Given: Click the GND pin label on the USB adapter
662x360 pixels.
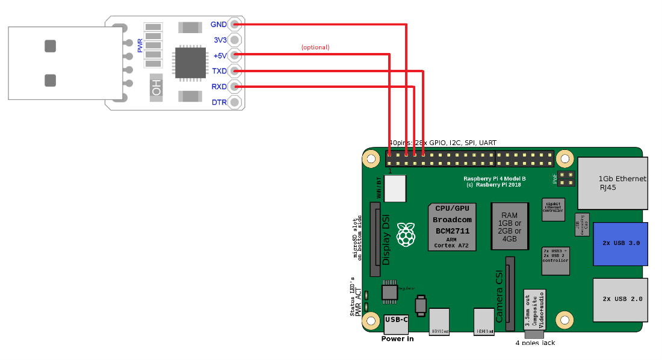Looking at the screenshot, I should click(x=218, y=25).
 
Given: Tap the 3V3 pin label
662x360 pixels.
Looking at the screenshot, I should click(x=220, y=40).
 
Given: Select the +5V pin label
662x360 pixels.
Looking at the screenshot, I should click(x=219, y=56).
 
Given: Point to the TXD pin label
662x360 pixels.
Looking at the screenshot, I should click(x=219, y=71).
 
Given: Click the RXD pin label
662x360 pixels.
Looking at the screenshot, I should click(x=219, y=87).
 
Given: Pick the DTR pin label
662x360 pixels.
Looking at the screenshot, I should click(x=219, y=102).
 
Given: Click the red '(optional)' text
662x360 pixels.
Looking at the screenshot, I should click(x=315, y=47).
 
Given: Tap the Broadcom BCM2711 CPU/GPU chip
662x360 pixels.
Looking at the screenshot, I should click(x=452, y=227).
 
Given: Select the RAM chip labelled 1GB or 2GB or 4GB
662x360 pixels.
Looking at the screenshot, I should click(x=509, y=226).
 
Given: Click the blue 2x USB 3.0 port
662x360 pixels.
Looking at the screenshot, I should click(x=620, y=244).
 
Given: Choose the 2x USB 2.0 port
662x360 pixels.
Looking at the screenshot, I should click(x=620, y=299).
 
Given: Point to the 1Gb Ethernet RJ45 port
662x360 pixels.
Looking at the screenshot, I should click(x=613, y=183).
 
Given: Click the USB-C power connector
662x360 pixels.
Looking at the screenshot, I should click(x=396, y=323).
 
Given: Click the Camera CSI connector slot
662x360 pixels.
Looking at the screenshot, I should click(x=510, y=293).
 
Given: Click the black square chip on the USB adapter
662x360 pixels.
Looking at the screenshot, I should click(x=190, y=63).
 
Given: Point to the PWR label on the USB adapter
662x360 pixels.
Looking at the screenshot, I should click(x=140, y=45).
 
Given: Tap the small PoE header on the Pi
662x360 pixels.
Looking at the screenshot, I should click(x=565, y=178).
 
